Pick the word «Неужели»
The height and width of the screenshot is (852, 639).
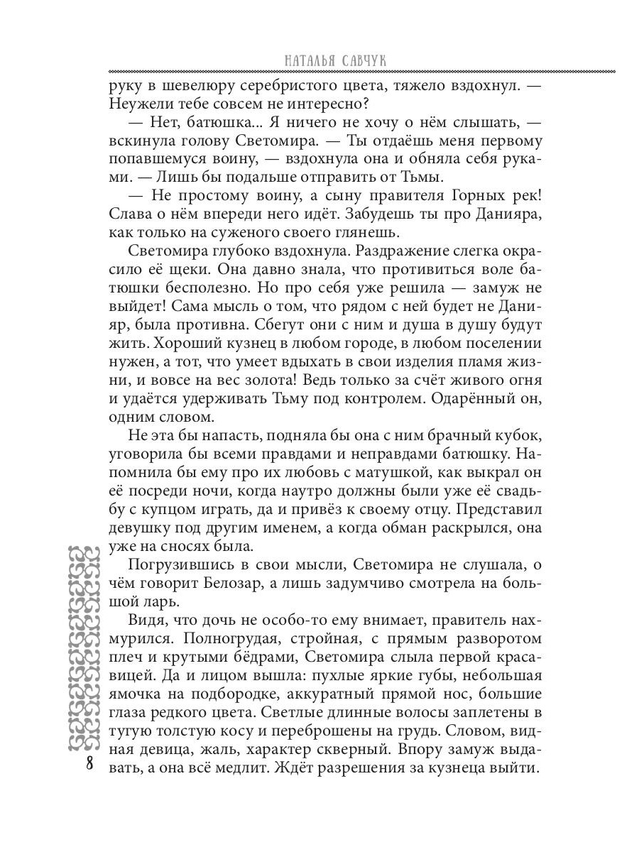(140, 104)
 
